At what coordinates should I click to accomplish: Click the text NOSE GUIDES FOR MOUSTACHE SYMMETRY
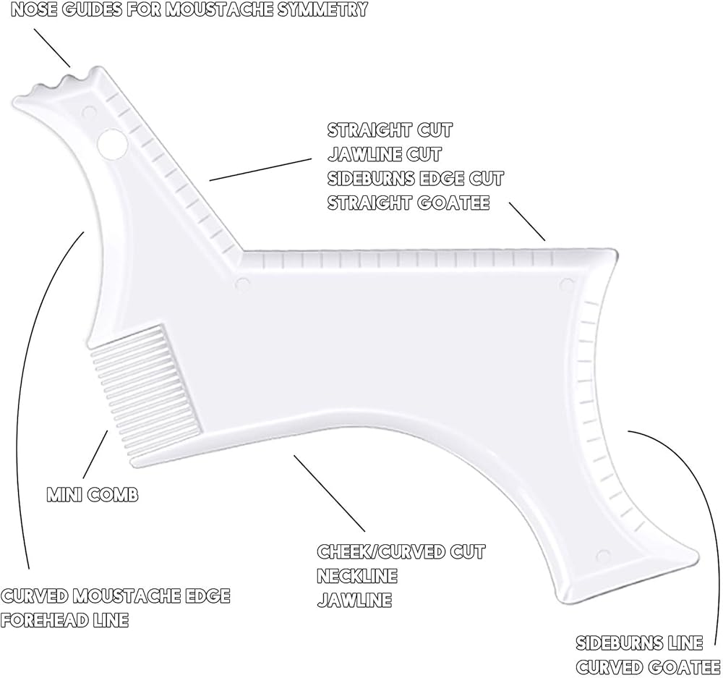tap(184, 10)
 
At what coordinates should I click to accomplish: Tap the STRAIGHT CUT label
tap(390, 130)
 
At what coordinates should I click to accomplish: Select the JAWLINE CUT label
tap(384, 154)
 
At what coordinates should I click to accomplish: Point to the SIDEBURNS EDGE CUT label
tap(416, 178)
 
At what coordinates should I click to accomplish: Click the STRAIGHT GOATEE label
tap(408, 203)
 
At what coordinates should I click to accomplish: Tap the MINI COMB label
tap(93, 495)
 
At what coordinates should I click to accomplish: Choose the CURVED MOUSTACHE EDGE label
tap(116, 596)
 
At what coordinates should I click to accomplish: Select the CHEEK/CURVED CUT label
tap(401, 551)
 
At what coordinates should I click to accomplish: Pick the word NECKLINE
tap(357, 576)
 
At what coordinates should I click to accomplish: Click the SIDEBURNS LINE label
tap(639, 643)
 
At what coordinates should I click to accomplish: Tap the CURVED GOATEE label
tap(648, 666)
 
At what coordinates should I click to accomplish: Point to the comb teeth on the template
tap(141, 391)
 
